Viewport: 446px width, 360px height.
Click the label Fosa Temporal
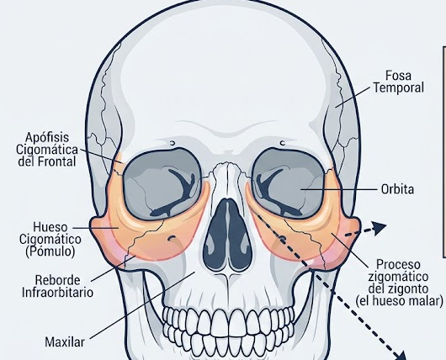coord(399,82)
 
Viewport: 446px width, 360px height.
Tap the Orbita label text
coord(397,189)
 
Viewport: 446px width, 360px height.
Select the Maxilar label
coord(65,341)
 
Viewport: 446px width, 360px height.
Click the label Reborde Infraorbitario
coord(57,286)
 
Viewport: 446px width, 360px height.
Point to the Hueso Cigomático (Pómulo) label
coord(50,239)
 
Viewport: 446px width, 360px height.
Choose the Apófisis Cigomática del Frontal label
coord(47,150)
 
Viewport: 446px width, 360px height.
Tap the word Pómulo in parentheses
coord(50,251)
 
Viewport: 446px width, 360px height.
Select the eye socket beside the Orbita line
coord(288,183)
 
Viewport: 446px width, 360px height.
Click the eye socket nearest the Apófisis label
coord(162,184)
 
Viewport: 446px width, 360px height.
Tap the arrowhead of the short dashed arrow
coord(380,228)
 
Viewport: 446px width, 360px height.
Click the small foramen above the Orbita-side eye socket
coord(282,143)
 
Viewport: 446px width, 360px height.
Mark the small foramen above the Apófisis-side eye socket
coord(173,143)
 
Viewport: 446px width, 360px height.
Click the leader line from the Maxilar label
coord(142,305)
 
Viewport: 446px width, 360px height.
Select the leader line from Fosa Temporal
coord(353,97)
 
